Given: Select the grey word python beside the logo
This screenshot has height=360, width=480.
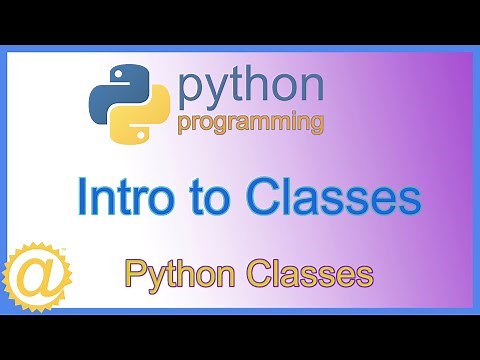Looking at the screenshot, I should pyautogui.click(x=251, y=89).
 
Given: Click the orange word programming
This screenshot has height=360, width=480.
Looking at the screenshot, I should pyautogui.click(x=251, y=124).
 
